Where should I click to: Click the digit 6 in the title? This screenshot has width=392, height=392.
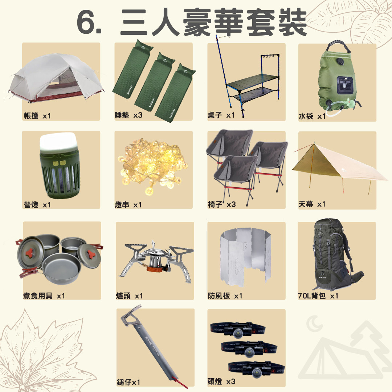tap(86, 22)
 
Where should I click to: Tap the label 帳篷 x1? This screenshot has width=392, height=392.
tap(37, 116)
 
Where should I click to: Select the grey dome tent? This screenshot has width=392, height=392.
tap(56, 78)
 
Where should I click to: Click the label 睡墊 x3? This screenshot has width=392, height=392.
tap(128, 115)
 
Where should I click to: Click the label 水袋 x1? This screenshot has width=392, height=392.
tap(312, 116)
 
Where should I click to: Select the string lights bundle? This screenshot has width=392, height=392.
tap(153, 166)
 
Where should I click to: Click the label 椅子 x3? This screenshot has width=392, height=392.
tap(222, 204)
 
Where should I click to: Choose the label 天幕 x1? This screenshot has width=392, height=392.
tap(312, 204)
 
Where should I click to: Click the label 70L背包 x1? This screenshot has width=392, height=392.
tap(318, 296)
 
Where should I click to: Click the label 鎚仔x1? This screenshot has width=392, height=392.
tap(128, 382)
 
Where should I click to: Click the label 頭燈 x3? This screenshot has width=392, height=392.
tap(221, 381)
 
